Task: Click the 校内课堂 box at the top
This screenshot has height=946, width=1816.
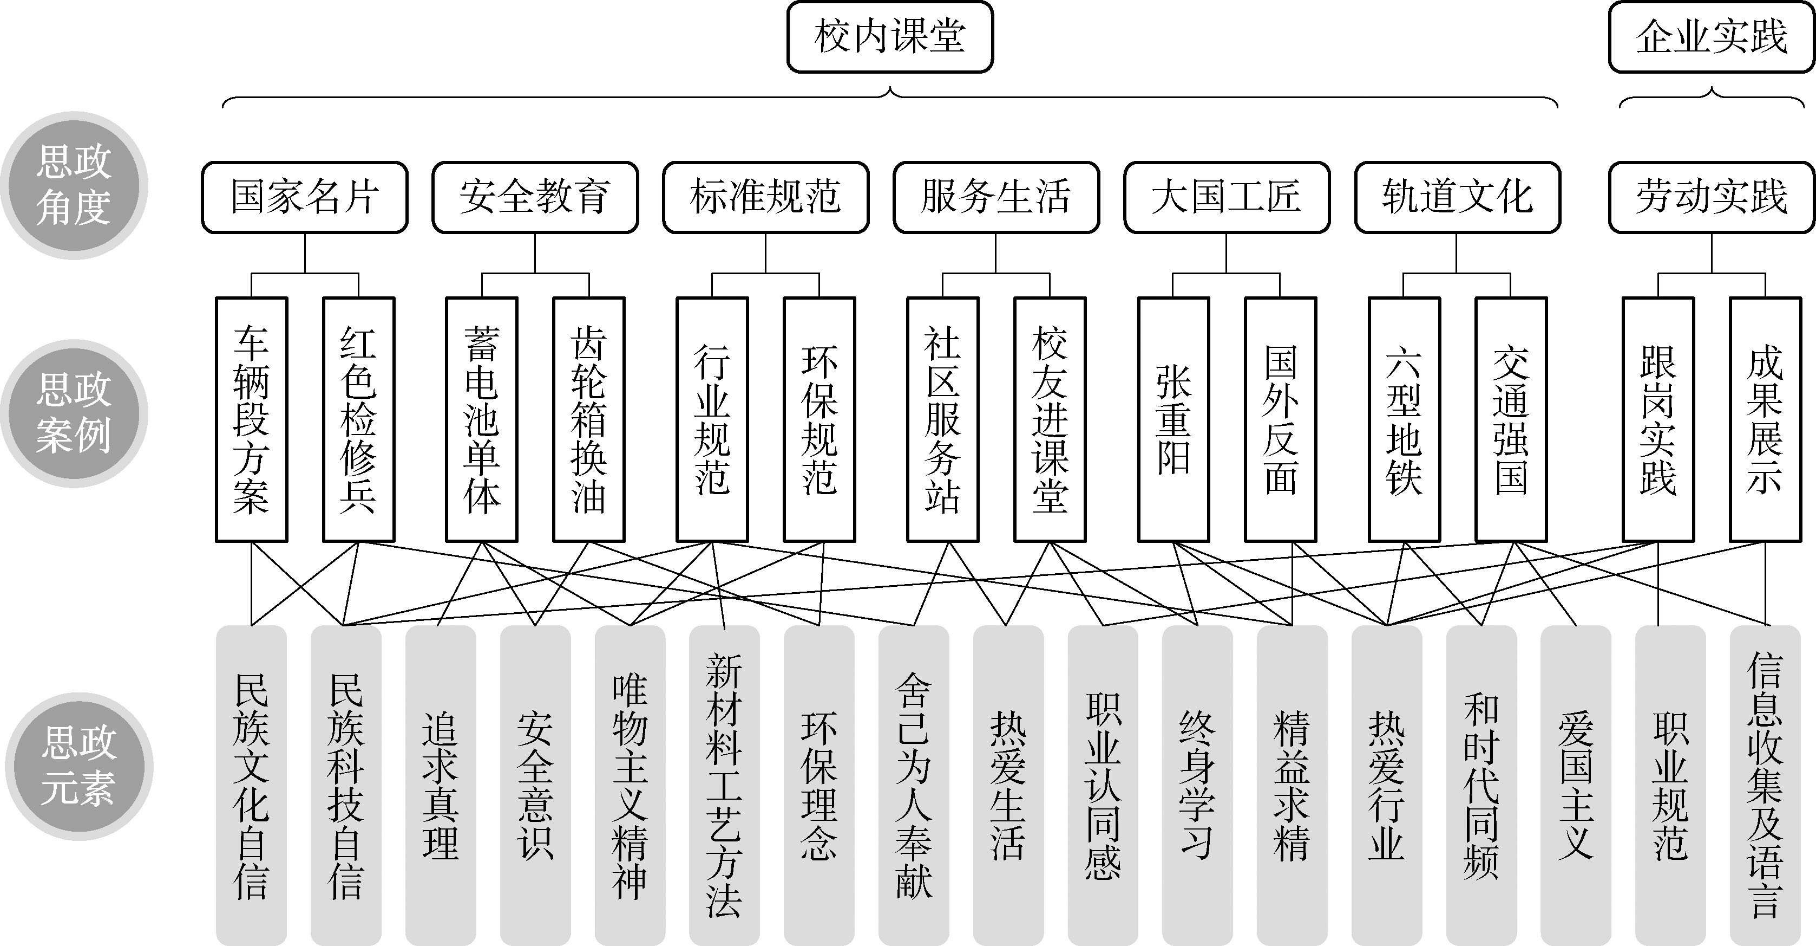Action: tap(890, 37)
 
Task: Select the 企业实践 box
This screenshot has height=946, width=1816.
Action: tap(1712, 37)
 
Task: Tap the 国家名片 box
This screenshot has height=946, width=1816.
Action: tap(305, 197)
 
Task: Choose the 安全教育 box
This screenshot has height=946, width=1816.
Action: tap(535, 197)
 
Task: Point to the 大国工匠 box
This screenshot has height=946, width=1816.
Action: tap(1227, 197)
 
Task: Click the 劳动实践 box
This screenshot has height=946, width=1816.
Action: tap(1712, 197)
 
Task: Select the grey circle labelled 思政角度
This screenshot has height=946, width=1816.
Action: tap(74, 185)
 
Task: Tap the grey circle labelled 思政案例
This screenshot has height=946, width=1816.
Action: tap(74, 413)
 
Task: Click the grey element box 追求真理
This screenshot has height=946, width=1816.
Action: tap(441, 785)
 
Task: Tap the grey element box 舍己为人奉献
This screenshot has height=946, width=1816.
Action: tap(914, 785)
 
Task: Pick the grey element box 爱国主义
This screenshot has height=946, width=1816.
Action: tap(1576, 785)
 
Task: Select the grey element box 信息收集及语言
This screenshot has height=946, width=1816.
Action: tap(1765, 785)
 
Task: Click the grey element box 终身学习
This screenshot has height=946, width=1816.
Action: tap(1197, 785)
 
